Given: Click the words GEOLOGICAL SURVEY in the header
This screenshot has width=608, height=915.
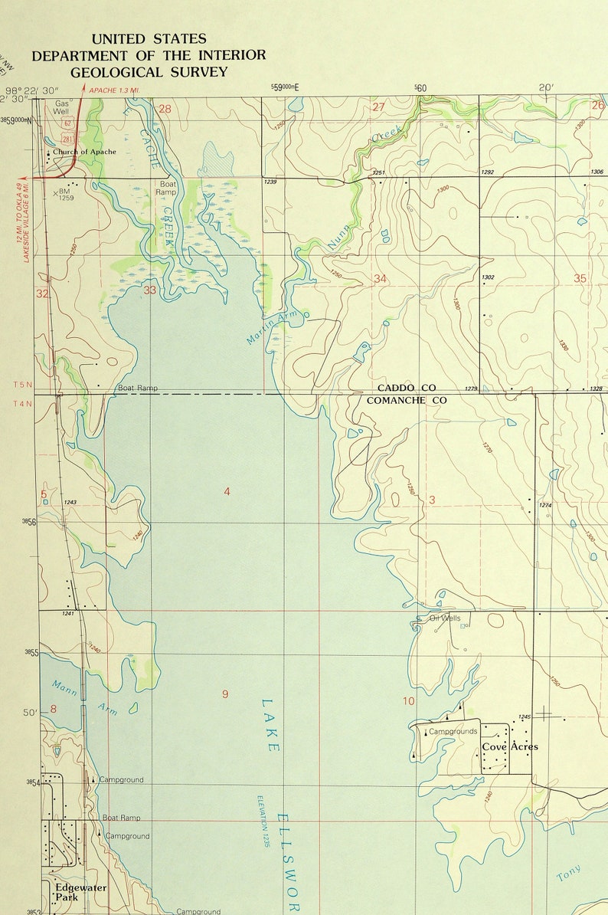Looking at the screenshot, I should click(149, 72).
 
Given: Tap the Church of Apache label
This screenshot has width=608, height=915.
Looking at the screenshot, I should click(84, 152).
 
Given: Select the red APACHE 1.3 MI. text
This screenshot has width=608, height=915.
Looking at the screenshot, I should click(114, 90).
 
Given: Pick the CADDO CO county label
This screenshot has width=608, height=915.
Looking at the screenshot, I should click(406, 389).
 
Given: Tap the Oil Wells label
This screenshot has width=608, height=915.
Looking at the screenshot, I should click(445, 618).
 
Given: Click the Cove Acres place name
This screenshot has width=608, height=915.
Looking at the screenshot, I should click(510, 746).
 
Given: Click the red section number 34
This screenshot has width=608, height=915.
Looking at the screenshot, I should click(380, 278).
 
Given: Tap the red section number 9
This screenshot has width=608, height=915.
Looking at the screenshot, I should click(225, 694).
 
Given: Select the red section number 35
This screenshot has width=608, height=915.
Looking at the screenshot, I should click(580, 278).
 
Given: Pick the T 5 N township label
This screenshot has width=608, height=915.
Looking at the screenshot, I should click(23, 384).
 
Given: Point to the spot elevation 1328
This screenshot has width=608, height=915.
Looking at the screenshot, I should click(597, 389).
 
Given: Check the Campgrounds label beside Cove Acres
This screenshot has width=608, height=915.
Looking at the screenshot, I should click(453, 731).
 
